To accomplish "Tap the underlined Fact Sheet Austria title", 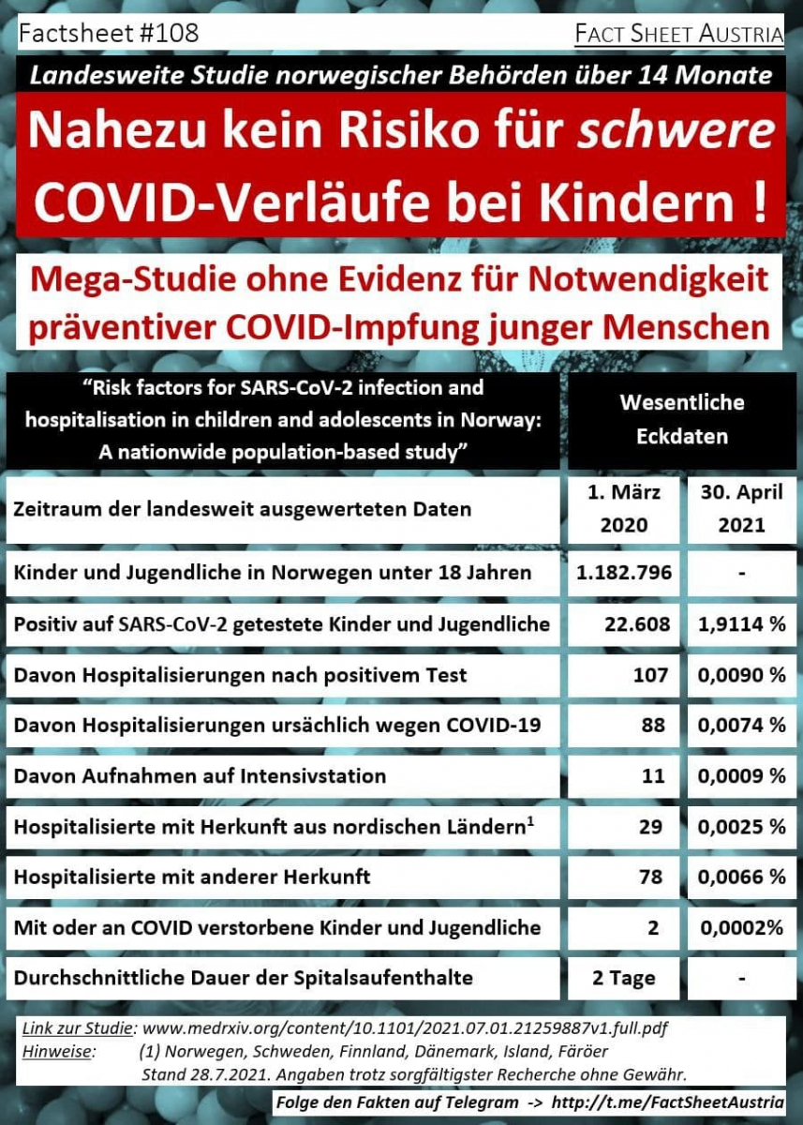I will click(x=679, y=35).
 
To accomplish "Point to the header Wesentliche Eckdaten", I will click(x=682, y=419).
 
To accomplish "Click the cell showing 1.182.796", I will click(x=624, y=572).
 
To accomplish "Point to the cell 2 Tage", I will click(x=624, y=978).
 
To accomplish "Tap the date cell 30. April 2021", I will click(x=742, y=508).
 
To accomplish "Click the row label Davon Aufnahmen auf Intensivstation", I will click(x=200, y=775).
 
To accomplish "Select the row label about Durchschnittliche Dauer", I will click(x=244, y=978).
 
